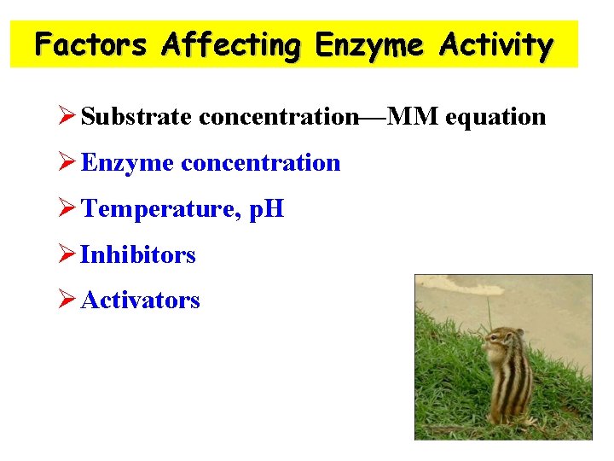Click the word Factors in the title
click(x=91, y=44)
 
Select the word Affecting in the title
click(x=231, y=44)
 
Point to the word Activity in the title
click(x=496, y=44)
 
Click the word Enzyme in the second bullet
click(x=128, y=163)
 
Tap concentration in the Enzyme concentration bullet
click(x=261, y=163)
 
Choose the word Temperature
click(x=157, y=209)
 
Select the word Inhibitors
click(x=138, y=255)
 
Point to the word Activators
click(x=141, y=301)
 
